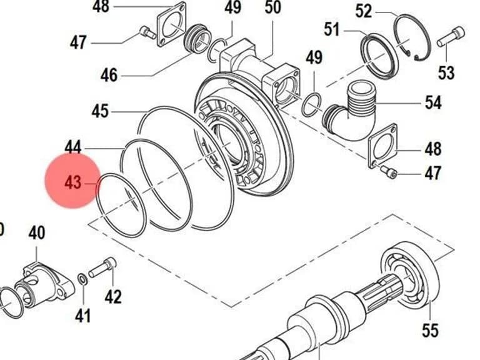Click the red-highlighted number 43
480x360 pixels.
pyautogui.click(x=73, y=183)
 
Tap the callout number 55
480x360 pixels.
pyautogui.click(x=430, y=330)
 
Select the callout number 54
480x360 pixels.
pyautogui.click(x=433, y=102)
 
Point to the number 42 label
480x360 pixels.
pyautogui.click(x=113, y=296)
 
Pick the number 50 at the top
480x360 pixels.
pyautogui.click(x=272, y=7)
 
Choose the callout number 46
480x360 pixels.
pyautogui.click(x=109, y=75)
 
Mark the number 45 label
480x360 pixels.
pyautogui.click(x=100, y=111)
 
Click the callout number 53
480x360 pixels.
pyautogui.click(x=446, y=73)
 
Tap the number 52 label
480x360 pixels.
pyautogui.click(x=364, y=11)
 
